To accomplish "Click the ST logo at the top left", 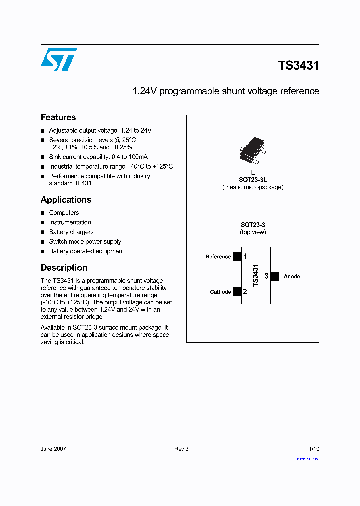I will [x=59, y=59].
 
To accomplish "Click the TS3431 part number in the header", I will [x=298, y=66].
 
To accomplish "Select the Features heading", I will [x=58, y=117].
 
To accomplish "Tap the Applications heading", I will [x=66, y=200].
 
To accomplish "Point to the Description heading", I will [x=64, y=268].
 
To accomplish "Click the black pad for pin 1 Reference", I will [x=237, y=256].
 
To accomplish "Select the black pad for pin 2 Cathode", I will [x=237, y=292].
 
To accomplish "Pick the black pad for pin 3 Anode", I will [x=274, y=276].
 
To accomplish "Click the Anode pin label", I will [x=292, y=276].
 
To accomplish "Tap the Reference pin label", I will [x=218, y=257].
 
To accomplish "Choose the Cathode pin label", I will [x=220, y=292].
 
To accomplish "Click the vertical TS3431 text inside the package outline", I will [x=255, y=276].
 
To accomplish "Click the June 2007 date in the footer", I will [x=53, y=449].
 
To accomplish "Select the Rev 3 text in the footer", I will [x=181, y=449].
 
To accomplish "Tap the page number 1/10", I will [x=313, y=449].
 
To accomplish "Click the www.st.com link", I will [x=308, y=458].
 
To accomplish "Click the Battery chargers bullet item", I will [x=71, y=232].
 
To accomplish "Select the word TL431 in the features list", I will [x=83, y=183].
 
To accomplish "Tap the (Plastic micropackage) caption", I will [x=253, y=187].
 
